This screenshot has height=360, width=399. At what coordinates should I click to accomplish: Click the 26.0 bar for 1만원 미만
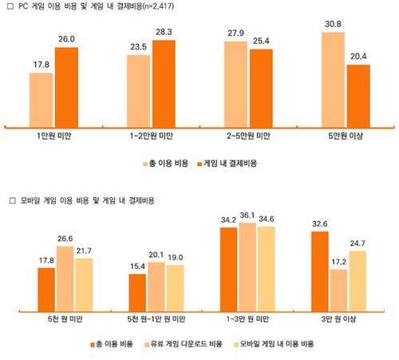point(65,86)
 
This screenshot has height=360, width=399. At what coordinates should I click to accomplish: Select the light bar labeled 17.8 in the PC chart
point(41,99)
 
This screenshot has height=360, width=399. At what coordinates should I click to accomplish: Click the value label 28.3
point(164,33)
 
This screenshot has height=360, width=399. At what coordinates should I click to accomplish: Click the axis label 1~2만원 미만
point(152,137)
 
